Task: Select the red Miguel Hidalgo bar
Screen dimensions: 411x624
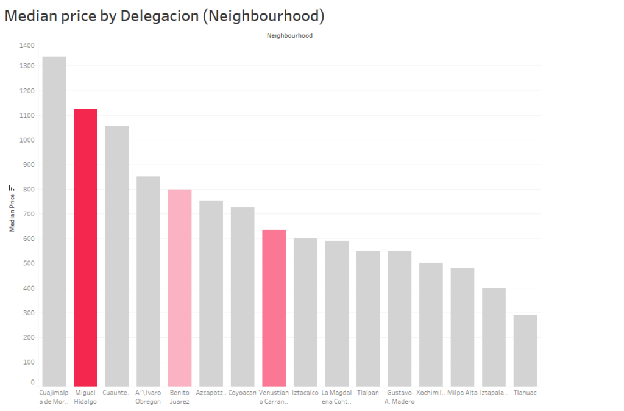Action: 85,247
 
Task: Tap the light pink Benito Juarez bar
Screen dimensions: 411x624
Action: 180,287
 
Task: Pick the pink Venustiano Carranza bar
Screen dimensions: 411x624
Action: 274,307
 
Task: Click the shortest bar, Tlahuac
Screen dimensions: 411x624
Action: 525,350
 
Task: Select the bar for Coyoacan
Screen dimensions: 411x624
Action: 243,296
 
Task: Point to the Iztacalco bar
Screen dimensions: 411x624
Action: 305,312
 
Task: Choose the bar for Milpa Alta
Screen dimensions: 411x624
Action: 462,327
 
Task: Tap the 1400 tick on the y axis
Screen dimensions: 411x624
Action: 27,45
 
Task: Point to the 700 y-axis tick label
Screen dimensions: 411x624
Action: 29,214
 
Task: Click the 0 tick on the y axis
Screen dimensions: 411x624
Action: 32,382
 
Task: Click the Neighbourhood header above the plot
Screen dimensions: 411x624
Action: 289,36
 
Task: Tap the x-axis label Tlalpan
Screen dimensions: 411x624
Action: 368,393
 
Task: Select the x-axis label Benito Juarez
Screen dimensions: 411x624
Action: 179,397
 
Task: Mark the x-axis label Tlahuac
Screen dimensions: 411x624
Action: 525,393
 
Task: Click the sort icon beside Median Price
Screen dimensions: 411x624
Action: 12,188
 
